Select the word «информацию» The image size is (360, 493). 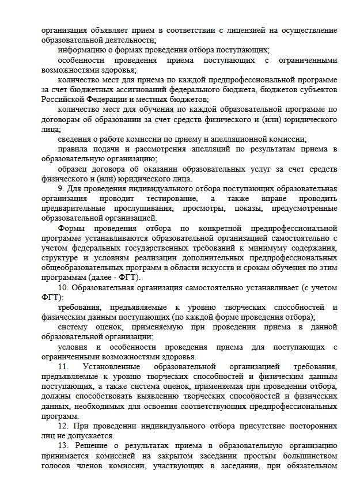82,50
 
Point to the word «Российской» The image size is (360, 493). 63,100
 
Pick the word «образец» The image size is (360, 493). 74,169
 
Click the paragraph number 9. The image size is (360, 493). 61,189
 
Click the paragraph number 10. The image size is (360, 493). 63,288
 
